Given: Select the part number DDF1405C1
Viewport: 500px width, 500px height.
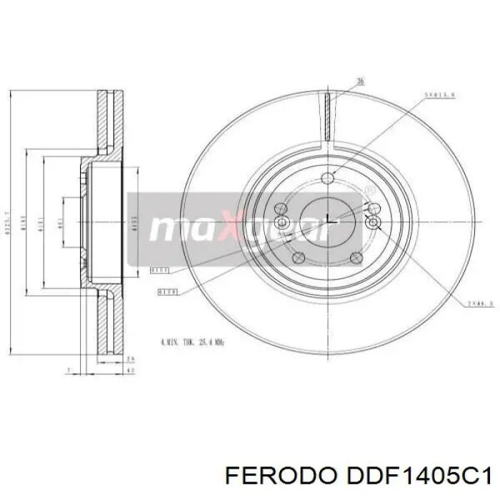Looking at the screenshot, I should point(419,474).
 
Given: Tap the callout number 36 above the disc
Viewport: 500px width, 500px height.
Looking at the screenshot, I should point(360,82).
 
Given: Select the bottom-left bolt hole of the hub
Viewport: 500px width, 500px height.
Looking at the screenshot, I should point(299,258).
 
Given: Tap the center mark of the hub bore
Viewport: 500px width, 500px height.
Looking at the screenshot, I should point(326,219).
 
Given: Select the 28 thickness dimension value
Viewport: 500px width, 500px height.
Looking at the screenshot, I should point(130,359).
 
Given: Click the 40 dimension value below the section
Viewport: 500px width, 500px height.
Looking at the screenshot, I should point(130,371).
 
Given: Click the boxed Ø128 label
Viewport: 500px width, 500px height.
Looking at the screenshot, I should point(167,291).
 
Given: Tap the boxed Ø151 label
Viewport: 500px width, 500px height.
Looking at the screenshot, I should point(159,271).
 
